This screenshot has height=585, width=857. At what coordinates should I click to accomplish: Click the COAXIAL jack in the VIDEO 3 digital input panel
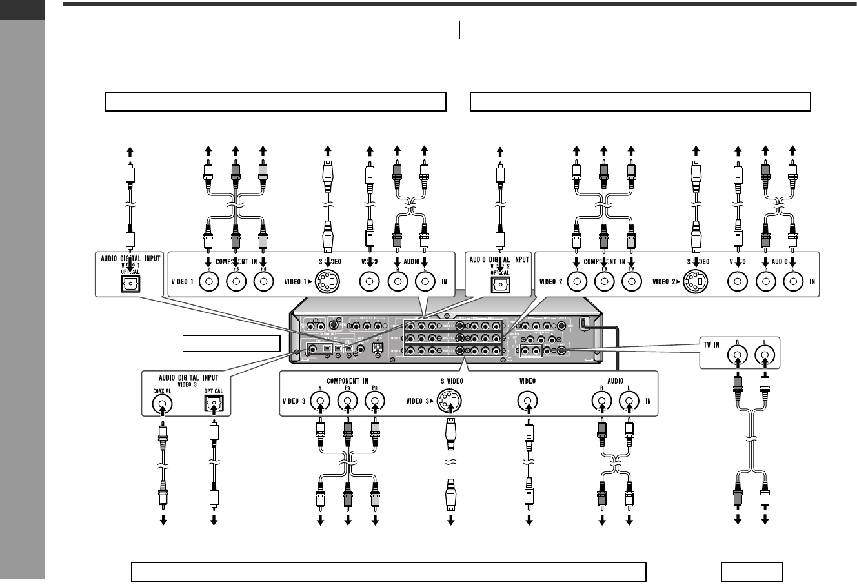(x=163, y=404)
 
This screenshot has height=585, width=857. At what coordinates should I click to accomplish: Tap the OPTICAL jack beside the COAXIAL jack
(x=212, y=404)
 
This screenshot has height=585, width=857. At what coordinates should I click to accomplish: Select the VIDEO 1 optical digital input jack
(x=131, y=282)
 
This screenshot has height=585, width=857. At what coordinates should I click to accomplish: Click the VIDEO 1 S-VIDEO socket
(x=328, y=282)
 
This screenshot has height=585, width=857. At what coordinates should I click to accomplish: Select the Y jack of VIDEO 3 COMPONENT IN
(x=320, y=404)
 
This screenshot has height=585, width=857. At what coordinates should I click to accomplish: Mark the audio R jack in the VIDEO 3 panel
(x=602, y=404)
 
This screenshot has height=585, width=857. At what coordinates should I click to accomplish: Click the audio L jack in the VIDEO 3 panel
(x=629, y=404)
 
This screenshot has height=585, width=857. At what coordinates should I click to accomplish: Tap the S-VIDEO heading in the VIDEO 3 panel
(x=449, y=381)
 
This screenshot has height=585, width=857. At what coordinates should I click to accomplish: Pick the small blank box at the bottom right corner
(x=752, y=571)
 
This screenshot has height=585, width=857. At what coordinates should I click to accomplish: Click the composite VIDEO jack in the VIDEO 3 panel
(x=529, y=404)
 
